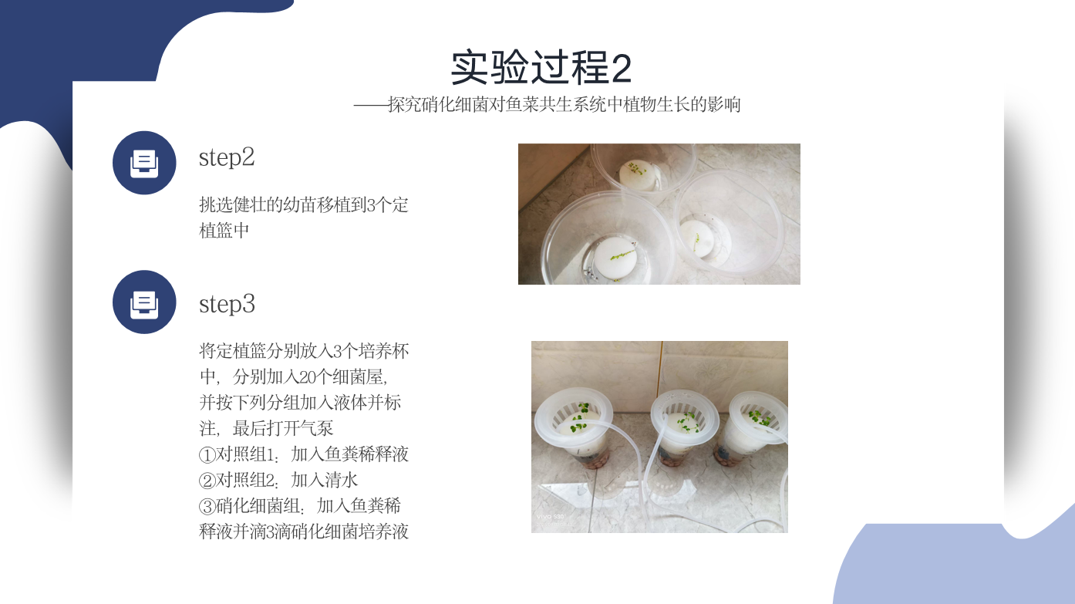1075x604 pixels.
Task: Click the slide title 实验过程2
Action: (x=541, y=68)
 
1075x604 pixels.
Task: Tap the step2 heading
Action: (x=227, y=157)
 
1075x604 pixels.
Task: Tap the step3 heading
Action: (x=227, y=305)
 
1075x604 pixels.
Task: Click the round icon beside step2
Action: (x=144, y=163)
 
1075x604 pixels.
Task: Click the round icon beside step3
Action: (x=144, y=302)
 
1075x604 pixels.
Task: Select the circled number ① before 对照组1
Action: (x=207, y=454)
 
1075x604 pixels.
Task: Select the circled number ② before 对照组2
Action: (x=207, y=481)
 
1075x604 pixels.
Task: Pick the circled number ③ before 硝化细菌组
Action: (x=207, y=506)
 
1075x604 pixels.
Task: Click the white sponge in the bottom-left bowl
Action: (x=615, y=259)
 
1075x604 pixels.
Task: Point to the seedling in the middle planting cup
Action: (x=688, y=423)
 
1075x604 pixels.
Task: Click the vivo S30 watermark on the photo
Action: (x=551, y=517)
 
